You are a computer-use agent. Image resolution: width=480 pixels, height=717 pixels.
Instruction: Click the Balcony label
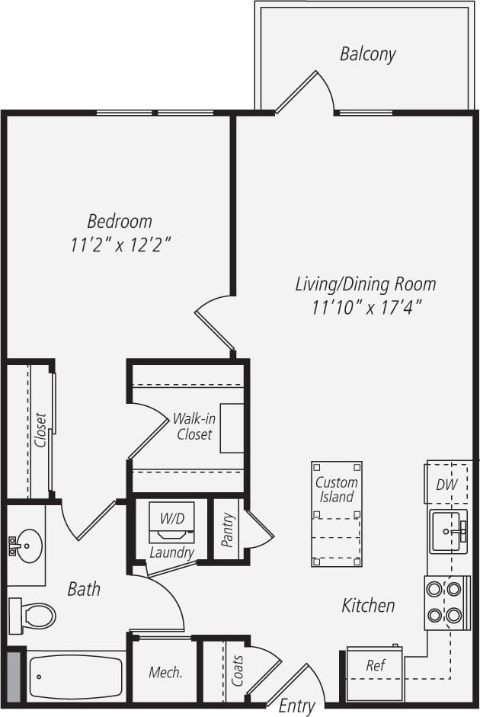[367, 54]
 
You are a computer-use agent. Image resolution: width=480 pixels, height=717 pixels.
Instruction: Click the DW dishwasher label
[446, 485]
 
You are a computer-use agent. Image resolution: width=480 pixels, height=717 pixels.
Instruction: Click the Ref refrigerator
[374, 665]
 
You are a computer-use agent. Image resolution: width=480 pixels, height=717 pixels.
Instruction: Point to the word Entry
[296, 706]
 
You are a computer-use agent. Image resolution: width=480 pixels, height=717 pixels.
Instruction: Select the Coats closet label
[237, 670]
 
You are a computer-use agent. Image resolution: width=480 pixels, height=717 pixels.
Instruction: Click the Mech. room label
[165, 672]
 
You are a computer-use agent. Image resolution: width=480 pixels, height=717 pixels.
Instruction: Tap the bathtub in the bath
[75, 677]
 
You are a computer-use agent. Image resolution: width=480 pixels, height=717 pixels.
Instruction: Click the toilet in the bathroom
[34, 613]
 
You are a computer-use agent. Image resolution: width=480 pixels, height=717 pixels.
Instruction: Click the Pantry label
[227, 530]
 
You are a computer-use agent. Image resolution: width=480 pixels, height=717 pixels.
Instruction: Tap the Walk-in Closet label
[194, 426]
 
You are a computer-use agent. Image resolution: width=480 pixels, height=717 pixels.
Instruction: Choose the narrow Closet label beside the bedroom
[40, 431]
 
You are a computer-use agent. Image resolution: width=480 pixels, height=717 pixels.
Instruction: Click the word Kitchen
[368, 606]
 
